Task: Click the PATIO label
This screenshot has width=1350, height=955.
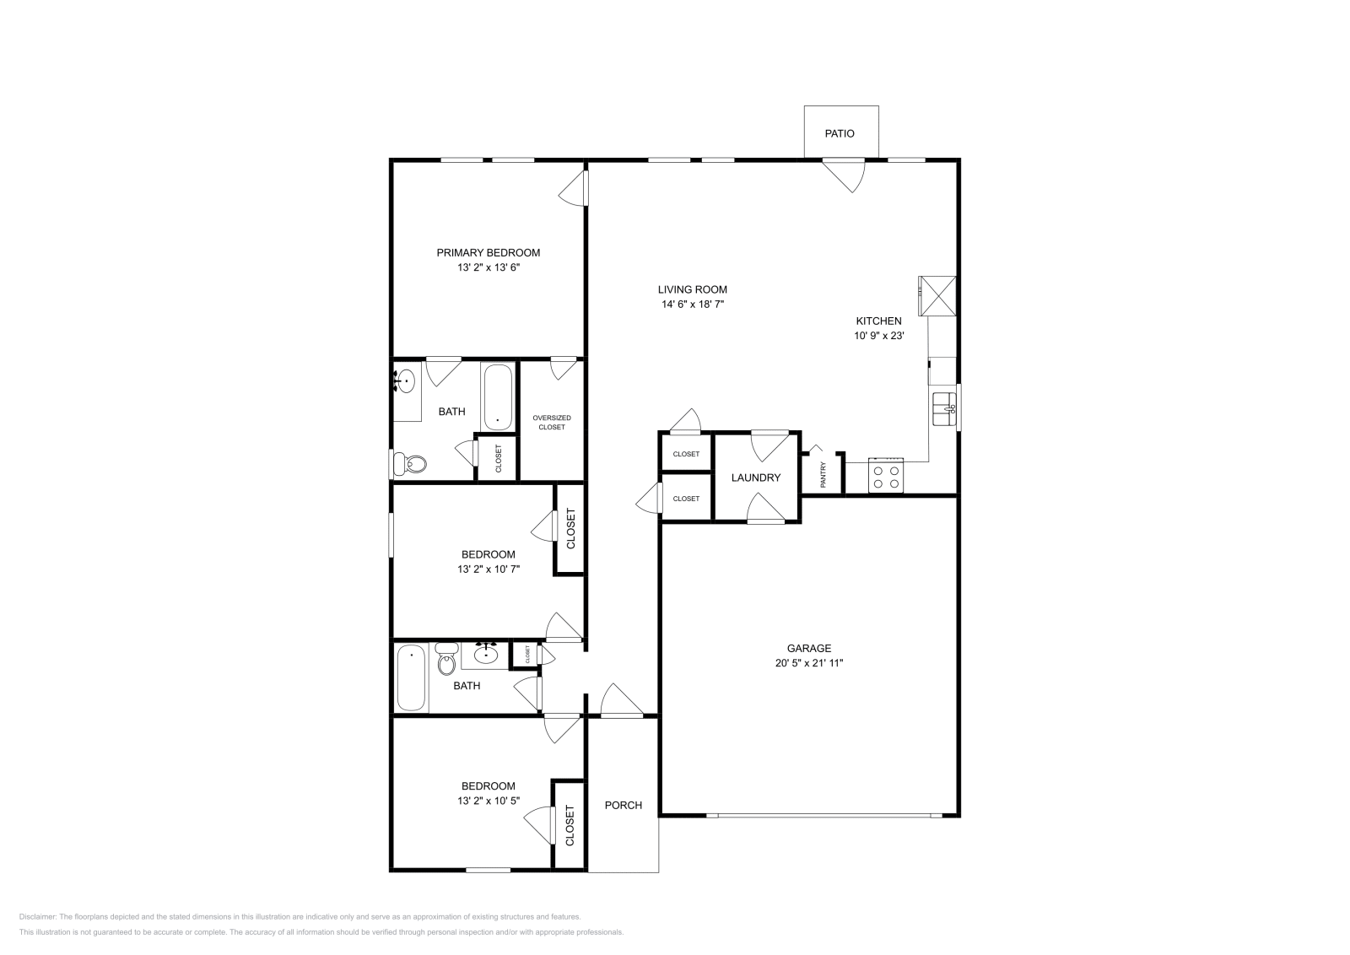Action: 840,133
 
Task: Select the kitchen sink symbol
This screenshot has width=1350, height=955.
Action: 944,409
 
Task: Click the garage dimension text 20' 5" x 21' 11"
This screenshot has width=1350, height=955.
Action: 809,663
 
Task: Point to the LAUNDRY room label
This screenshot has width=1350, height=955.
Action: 756,477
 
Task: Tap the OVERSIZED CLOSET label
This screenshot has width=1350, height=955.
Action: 552,423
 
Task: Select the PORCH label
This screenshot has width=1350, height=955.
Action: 624,805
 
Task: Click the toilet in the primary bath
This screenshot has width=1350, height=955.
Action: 413,463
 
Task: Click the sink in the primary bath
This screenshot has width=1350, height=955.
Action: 406,382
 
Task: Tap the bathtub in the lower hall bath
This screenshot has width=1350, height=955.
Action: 412,677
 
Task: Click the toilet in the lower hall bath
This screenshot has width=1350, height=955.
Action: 446,662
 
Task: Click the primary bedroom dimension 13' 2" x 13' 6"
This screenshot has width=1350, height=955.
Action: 488,267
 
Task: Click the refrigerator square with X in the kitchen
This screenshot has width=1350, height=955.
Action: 938,295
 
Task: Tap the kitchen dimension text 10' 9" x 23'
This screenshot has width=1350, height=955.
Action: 878,336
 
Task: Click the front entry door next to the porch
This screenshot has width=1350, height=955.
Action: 623,703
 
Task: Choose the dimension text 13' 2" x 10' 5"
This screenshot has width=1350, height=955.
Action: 488,801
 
